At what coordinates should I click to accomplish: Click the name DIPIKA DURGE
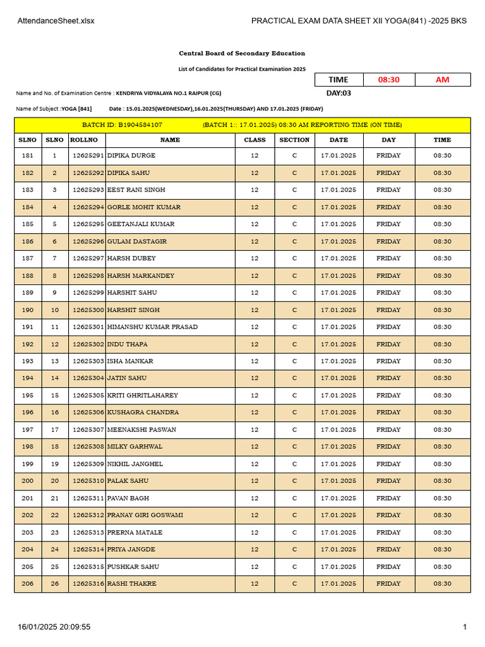coord(131,155)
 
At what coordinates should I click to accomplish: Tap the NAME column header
coord(170,140)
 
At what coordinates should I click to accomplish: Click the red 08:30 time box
coord(388,80)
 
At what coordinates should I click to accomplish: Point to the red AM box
coord(443,80)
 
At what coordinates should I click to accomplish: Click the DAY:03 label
coord(338,94)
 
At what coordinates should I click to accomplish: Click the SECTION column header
coord(294,140)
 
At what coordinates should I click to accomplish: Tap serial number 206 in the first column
coord(28,584)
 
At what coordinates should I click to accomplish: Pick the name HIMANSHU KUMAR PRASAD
coord(152,327)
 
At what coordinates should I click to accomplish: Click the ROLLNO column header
coord(83,140)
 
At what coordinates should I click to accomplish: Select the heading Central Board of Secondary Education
coord(242,54)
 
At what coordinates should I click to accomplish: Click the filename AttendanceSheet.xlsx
coord(56,21)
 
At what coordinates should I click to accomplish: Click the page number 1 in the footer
coord(465,627)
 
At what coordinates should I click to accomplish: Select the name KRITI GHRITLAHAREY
coord(143,396)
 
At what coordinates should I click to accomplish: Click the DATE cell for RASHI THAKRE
coord(338,584)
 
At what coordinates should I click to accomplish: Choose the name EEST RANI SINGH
coord(136,190)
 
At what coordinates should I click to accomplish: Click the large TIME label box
coord(338,80)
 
